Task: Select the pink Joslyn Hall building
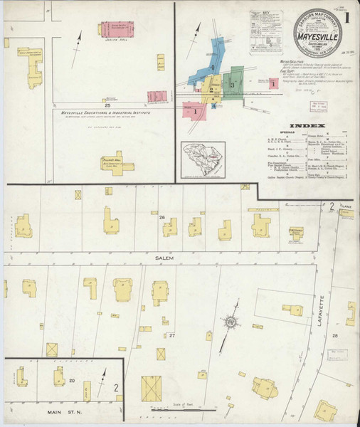tap(117, 29)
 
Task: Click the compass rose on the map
tap(231, 323)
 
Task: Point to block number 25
tap(107, 105)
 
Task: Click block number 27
tap(171, 334)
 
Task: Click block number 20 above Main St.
tap(72, 381)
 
